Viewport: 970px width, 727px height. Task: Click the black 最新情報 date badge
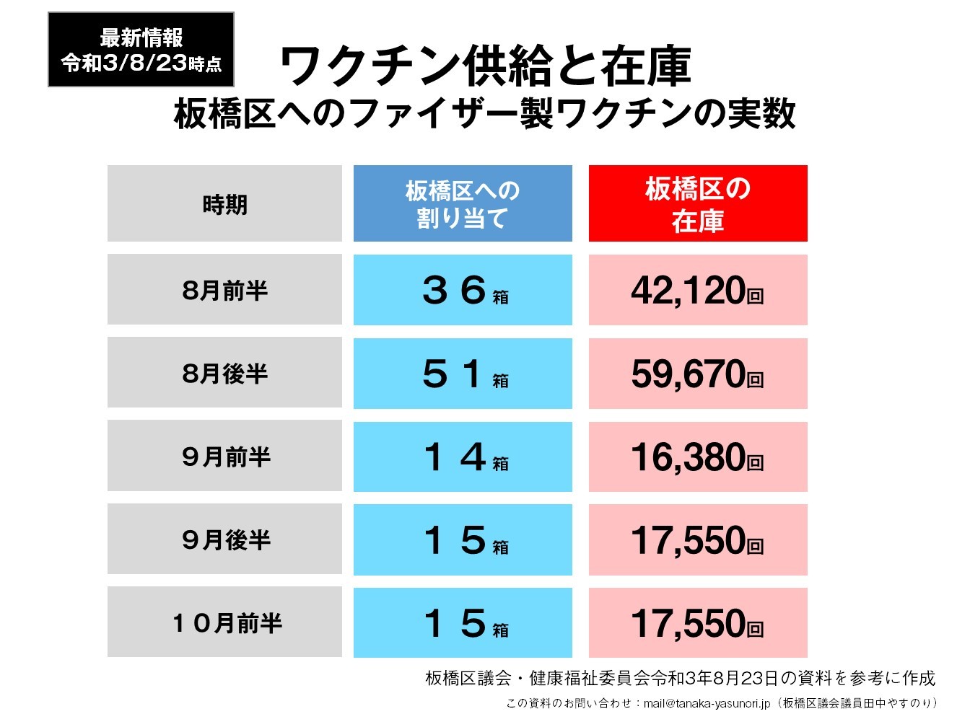[x=141, y=50]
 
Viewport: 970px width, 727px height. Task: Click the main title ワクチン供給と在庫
[x=485, y=66]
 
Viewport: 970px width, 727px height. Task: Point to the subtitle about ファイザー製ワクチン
[x=485, y=114]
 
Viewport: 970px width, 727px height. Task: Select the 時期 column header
[x=224, y=204]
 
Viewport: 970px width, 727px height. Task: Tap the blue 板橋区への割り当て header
[x=463, y=204]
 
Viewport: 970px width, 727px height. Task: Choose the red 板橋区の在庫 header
[x=698, y=204]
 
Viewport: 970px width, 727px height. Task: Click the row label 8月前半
[x=224, y=290]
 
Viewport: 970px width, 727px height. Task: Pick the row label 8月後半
[x=224, y=374]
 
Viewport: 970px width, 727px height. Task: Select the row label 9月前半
[x=224, y=457]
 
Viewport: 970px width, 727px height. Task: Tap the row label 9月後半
[x=224, y=539]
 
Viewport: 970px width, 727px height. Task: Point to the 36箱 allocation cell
[x=463, y=290]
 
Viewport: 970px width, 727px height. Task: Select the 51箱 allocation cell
[x=463, y=374]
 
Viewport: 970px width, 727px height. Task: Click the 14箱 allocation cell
[x=463, y=457]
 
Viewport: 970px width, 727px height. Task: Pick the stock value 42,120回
[x=698, y=290]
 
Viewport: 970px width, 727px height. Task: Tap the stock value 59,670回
[x=698, y=374]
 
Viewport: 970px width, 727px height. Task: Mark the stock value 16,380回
[x=698, y=457]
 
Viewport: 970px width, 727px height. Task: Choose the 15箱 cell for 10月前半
[x=463, y=622]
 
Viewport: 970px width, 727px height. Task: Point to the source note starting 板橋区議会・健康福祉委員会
[x=680, y=678]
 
